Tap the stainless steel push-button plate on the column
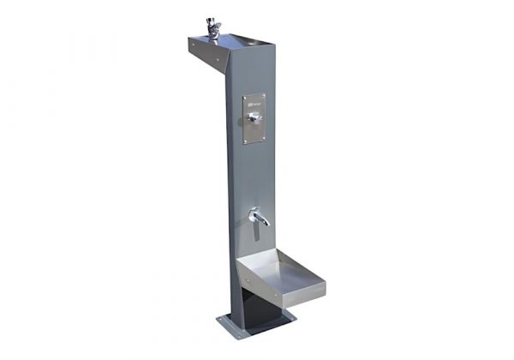coord(254,118)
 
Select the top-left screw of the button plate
coord(245,97)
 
